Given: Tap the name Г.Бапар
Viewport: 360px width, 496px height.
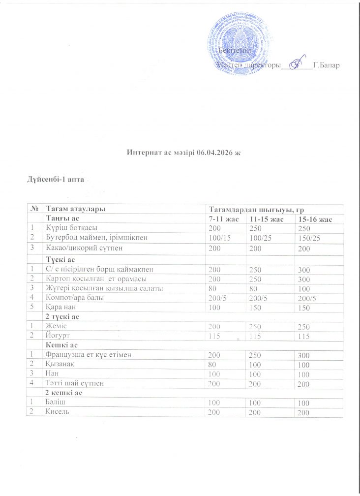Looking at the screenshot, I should [326, 65].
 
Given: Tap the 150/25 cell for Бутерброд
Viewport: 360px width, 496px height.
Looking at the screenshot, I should [305, 238].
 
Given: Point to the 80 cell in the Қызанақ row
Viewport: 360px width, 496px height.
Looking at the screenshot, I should [212, 364].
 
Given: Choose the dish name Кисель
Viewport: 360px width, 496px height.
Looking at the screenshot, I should [58, 411].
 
